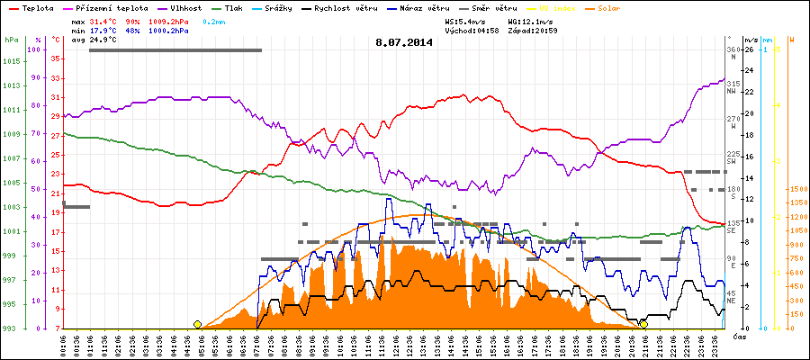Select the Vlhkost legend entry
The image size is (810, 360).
(182, 7)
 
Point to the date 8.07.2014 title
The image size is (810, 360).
(404, 41)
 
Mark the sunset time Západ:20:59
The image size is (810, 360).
(533, 30)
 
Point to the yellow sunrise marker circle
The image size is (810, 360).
(197, 324)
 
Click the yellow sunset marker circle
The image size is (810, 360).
(643, 324)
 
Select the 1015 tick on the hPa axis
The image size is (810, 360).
(12, 61)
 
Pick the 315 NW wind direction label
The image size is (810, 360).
(733, 86)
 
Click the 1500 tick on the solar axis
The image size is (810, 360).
(796, 190)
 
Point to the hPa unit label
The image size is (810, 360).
(11, 40)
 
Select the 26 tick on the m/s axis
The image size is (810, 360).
(750, 49)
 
